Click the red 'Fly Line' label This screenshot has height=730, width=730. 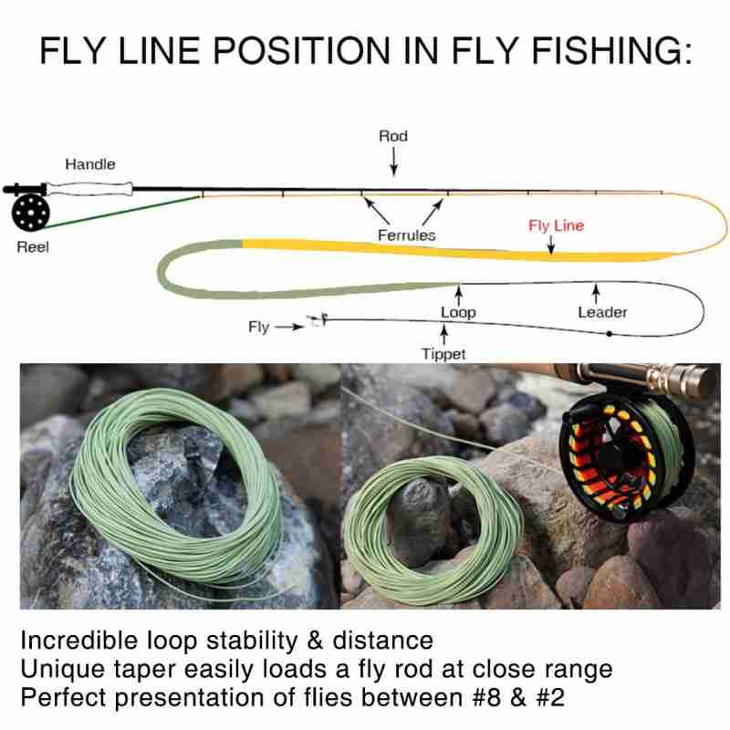click(x=556, y=225)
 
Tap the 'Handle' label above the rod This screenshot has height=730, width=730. click(x=89, y=164)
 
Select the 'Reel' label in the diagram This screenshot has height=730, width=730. click(x=33, y=246)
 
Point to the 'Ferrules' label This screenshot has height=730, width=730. click(x=406, y=235)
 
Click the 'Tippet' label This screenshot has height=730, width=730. click(x=443, y=354)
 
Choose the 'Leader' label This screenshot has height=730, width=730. click(x=602, y=312)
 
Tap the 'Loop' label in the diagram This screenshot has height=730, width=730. click(x=458, y=312)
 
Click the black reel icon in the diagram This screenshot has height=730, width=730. click(x=30, y=212)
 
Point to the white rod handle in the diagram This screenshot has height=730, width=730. click(x=89, y=189)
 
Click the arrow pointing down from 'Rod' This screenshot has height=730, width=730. click(x=394, y=162)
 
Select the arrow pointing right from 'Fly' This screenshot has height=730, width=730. click(x=289, y=327)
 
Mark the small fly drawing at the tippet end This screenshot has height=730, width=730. click(x=317, y=320)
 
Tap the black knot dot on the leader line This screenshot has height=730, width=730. click(x=609, y=334)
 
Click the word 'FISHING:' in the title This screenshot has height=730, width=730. click(x=611, y=50)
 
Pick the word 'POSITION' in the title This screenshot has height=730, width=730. click(x=301, y=50)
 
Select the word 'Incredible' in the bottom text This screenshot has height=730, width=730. click(x=79, y=641)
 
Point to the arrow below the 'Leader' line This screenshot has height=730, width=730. click(x=596, y=294)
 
